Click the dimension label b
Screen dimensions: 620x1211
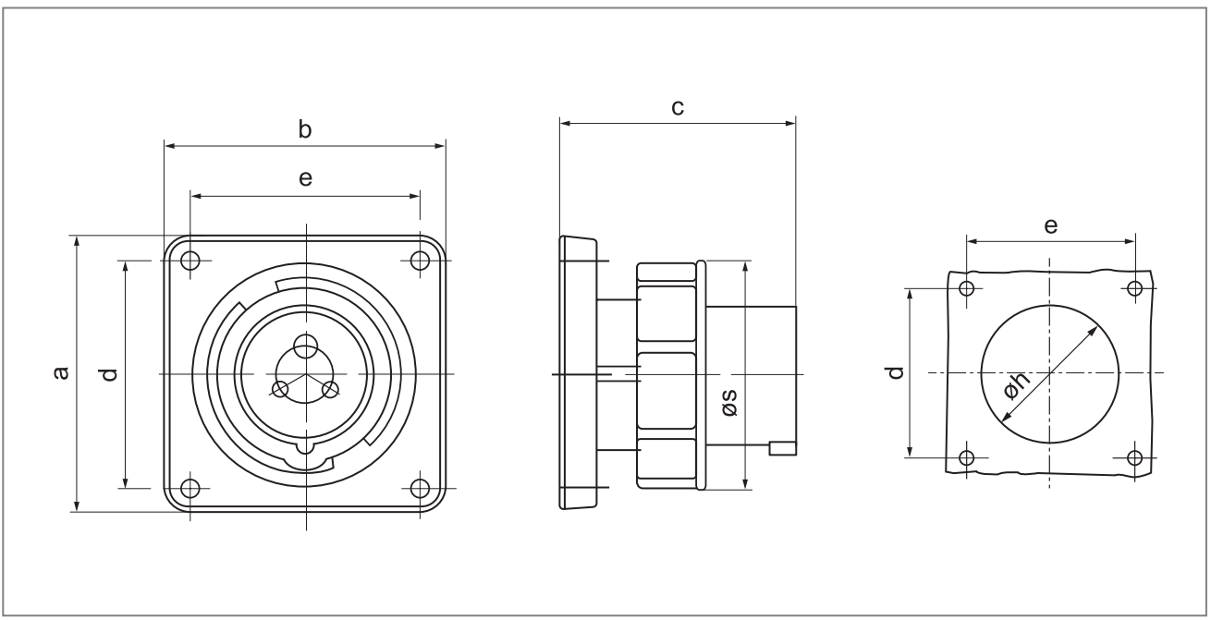point(304,130)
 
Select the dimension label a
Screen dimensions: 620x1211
point(61,373)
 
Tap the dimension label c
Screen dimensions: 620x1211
point(677,108)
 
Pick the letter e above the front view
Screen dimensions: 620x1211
point(305,180)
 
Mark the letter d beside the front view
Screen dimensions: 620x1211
point(110,374)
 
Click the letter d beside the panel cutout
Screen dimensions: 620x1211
point(894,373)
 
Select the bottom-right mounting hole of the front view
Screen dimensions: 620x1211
point(421,487)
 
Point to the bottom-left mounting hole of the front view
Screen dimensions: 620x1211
point(190,487)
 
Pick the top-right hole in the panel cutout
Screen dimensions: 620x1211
point(1135,288)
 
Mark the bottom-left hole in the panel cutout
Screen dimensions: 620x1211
point(967,457)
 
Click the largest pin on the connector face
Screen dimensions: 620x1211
point(305,346)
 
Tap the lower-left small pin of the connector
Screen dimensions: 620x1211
point(281,389)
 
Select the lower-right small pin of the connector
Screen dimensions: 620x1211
point(329,389)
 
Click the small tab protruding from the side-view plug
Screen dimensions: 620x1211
point(782,449)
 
